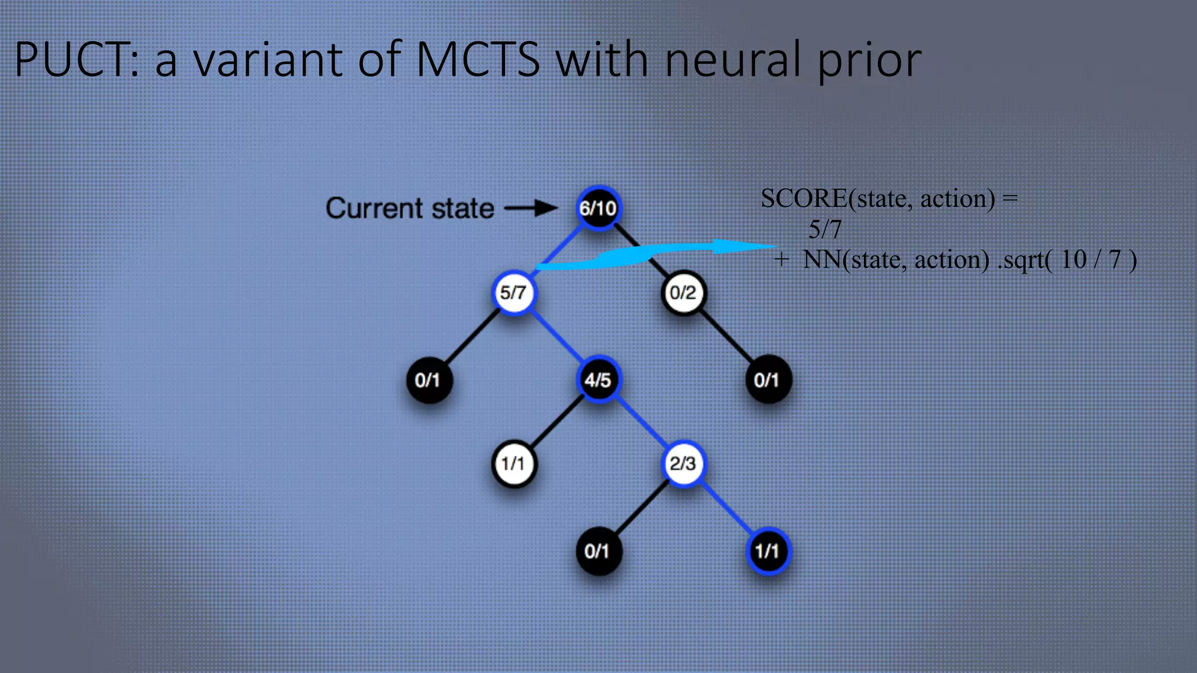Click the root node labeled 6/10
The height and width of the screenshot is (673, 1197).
click(x=598, y=208)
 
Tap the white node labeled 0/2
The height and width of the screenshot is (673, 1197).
click(x=683, y=292)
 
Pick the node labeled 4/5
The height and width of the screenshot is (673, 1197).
click(x=598, y=380)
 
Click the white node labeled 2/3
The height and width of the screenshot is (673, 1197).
click(x=683, y=464)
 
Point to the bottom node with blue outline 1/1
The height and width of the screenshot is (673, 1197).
click(x=767, y=550)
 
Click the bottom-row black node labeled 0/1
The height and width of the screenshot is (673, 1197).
click(x=598, y=550)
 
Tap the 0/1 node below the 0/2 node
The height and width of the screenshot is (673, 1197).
click(x=767, y=380)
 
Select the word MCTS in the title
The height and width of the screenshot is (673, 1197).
click(x=478, y=60)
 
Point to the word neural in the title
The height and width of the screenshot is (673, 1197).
click(x=733, y=60)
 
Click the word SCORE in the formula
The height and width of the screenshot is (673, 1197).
click(x=804, y=199)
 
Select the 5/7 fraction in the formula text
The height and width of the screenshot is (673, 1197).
click(x=825, y=230)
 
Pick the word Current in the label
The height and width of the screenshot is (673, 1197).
click(x=374, y=209)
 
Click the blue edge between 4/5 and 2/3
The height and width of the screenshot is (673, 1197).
click(x=641, y=422)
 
